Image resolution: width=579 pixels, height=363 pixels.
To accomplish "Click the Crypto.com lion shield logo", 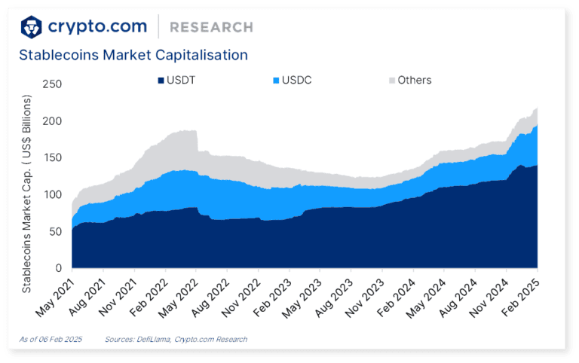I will pyautogui.click(x=30, y=27).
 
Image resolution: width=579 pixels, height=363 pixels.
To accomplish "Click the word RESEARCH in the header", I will pyautogui.click(x=211, y=27).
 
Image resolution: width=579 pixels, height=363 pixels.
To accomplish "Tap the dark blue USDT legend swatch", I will pyautogui.click(x=161, y=80).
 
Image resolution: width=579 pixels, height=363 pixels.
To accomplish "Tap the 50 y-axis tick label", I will pyautogui.click(x=54, y=231).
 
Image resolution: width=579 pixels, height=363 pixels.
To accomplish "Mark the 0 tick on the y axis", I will pyautogui.click(x=57, y=268).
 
